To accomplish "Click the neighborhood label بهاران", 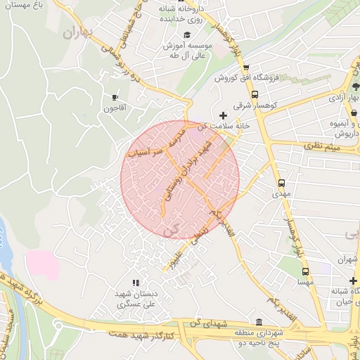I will click(78, 32).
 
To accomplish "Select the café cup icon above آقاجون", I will click(115, 97).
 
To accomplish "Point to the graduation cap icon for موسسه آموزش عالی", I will click(186, 35).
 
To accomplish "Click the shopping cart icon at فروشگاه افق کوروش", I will click(245, 67).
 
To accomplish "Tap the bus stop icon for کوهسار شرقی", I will click(254, 94).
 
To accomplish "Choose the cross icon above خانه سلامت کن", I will click(224, 115).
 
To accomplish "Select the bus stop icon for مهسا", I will click(304, 271).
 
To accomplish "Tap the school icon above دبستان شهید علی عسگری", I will click(136, 283).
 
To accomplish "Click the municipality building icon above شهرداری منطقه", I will click(271, 321).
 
